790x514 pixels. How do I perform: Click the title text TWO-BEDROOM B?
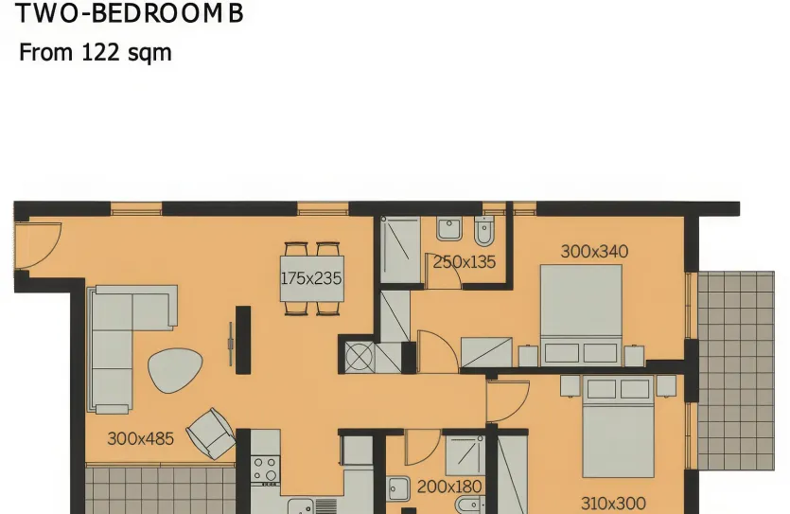[130, 13]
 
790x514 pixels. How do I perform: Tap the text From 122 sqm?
[96, 52]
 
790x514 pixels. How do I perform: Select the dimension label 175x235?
[311, 278]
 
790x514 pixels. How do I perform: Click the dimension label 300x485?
[141, 438]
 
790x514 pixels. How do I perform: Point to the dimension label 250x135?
[464, 261]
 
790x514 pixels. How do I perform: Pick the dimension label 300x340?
[594, 251]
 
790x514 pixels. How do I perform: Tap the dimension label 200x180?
[449, 487]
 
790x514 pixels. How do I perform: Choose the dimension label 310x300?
[613, 503]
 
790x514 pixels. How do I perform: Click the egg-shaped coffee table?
[175, 370]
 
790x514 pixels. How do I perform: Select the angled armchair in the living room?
[211, 434]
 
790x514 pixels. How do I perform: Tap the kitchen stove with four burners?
[266, 469]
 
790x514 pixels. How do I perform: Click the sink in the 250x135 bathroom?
[449, 229]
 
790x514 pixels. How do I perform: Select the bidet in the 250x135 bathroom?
[484, 231]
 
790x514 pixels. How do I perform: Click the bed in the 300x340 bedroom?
[581, 314]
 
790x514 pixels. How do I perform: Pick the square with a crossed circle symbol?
[360, 357]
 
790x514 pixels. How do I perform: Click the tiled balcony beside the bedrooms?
[736, 371]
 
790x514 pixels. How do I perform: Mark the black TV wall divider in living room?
[243, 340]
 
